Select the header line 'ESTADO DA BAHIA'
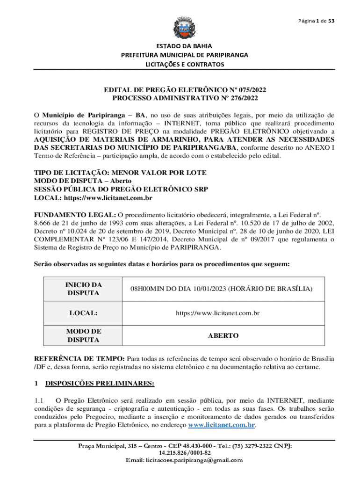pyautogui.click(x=184, y=46)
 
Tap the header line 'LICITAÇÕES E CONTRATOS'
pyautogui.click(x=184, y=64)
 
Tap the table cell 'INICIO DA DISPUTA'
pyautogui.click(x=83, y=289)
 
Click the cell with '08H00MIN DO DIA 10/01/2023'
pyautogui.click(x=221, y=289)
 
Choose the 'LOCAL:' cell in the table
pyautogui.click(x=83, y=312)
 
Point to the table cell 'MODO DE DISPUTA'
pyautogui.click(x=83, y=335)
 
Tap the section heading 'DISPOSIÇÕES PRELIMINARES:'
pyautogui.click(x=100, y=384)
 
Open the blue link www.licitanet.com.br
pyautogui.click(x=221, y=425)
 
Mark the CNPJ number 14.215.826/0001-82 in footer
pyautogui.click(x=185, y=453)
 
